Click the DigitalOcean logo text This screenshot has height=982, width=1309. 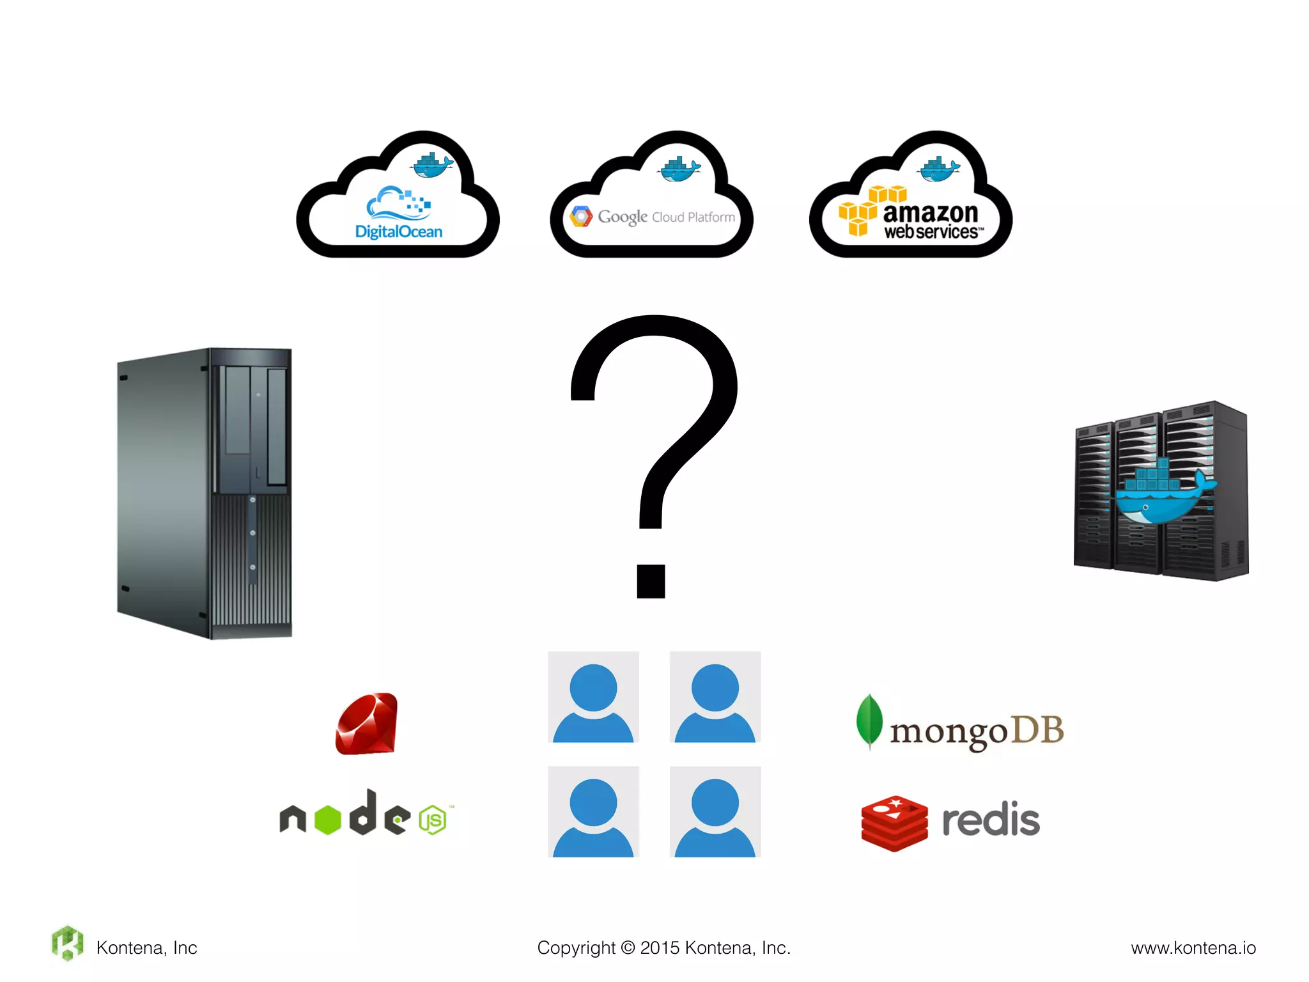pyautogui.click(x=399, y=231)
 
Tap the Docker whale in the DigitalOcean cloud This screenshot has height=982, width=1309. pyautogui.click(x=432, y=166)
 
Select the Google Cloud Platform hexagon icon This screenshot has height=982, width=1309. pyautogui.click(x=581, y=217)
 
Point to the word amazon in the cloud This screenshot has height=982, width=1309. pyautogui.click(x=931, y=212)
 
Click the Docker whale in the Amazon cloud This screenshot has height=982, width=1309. pyautogui.click(x=938, y=169)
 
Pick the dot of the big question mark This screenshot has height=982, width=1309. pyautogui.click(x=651, y=581)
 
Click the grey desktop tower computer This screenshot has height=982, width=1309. pyautogui.click(x=205, y=492)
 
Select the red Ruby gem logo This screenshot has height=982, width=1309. pyautogui.click(x=367, y=724)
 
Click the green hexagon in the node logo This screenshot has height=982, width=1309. pyautogui.click(x=328, y=820)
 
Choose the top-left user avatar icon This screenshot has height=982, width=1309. pyautogui.click(x=593, y=697)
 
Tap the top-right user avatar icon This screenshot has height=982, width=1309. pyautogui.click(x=715, y=697)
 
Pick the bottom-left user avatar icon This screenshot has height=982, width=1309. pyautogui.click(x=593, y=812)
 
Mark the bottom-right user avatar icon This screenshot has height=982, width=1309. pyautogui.click(x=715, y=812)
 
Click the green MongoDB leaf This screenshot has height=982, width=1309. pyautogui.click(x=869, y=721)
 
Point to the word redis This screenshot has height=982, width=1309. pyautogui.click(x=991, y=820)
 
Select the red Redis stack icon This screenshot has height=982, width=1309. pyautogui.click(x=894, y=823)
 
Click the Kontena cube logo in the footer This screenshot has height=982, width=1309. pyautogui.click(x=68, y=943)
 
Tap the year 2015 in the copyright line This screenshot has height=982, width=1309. pyautogui.click(x=660, y=947)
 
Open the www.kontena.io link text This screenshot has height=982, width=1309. pyautogui.click(x=1193, y=947)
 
